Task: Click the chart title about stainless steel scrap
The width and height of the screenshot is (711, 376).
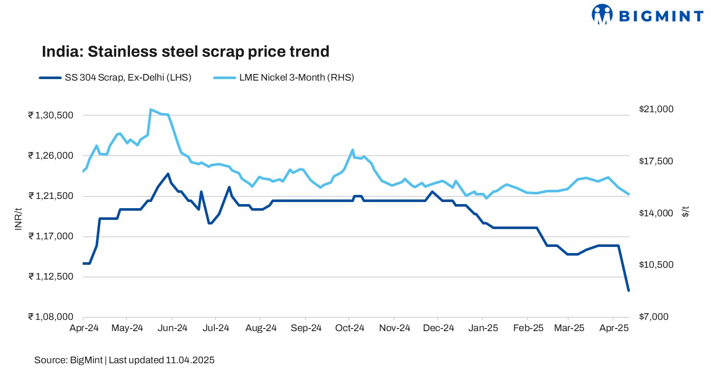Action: pos(185,52)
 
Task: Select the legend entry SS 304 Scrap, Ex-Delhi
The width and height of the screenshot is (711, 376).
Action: pos(115,78)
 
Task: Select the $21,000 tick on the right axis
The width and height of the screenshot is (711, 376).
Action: pos(655,109)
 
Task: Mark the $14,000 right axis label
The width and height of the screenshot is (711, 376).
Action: pos(655,213)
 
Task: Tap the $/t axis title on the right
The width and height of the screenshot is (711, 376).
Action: pos(685,212)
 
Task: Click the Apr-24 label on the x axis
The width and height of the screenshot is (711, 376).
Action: pos(84,328)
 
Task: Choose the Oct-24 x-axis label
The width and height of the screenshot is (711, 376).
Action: pos(349,328)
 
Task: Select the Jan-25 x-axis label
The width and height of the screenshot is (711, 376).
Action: pos(483,328)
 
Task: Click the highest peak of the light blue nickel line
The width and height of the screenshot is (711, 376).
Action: pos(150,109)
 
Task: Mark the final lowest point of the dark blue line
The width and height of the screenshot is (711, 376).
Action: pos(628,291)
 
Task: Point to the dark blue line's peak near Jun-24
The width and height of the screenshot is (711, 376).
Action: pos(168,174)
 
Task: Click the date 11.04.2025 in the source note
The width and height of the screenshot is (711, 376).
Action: pos(190,360)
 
